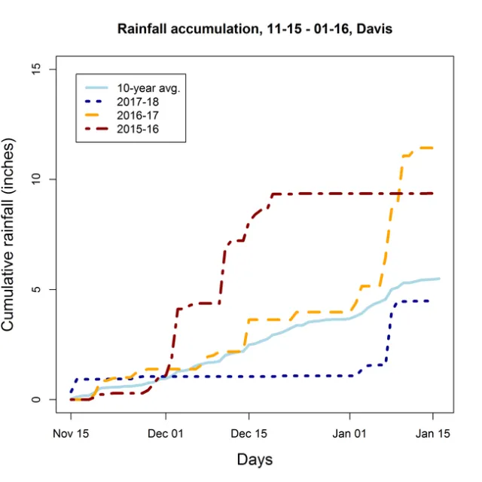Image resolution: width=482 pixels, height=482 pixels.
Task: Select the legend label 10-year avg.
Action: click(x=148, y=87)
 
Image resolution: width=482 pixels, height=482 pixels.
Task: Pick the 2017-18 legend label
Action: click(x=138, y=102)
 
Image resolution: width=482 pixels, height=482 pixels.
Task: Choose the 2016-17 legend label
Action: click(x=138, y=116)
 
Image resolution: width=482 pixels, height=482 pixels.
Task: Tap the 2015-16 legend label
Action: click(x=138, y=130)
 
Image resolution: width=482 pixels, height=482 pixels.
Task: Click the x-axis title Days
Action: click(x=254, y=459)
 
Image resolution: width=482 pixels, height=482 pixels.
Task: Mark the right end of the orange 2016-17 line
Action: click(x=432, y=148)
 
